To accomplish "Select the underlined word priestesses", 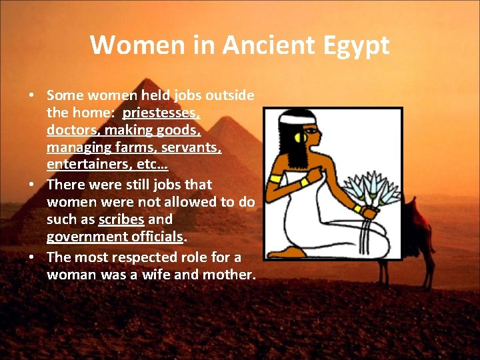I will click(161, 113).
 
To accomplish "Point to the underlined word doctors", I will click(71, 129).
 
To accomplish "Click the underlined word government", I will click(87, 237).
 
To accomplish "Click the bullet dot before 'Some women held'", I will click(31, 96).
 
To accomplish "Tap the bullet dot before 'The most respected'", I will click(31, 257).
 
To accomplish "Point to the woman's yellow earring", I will click(299, 140).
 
